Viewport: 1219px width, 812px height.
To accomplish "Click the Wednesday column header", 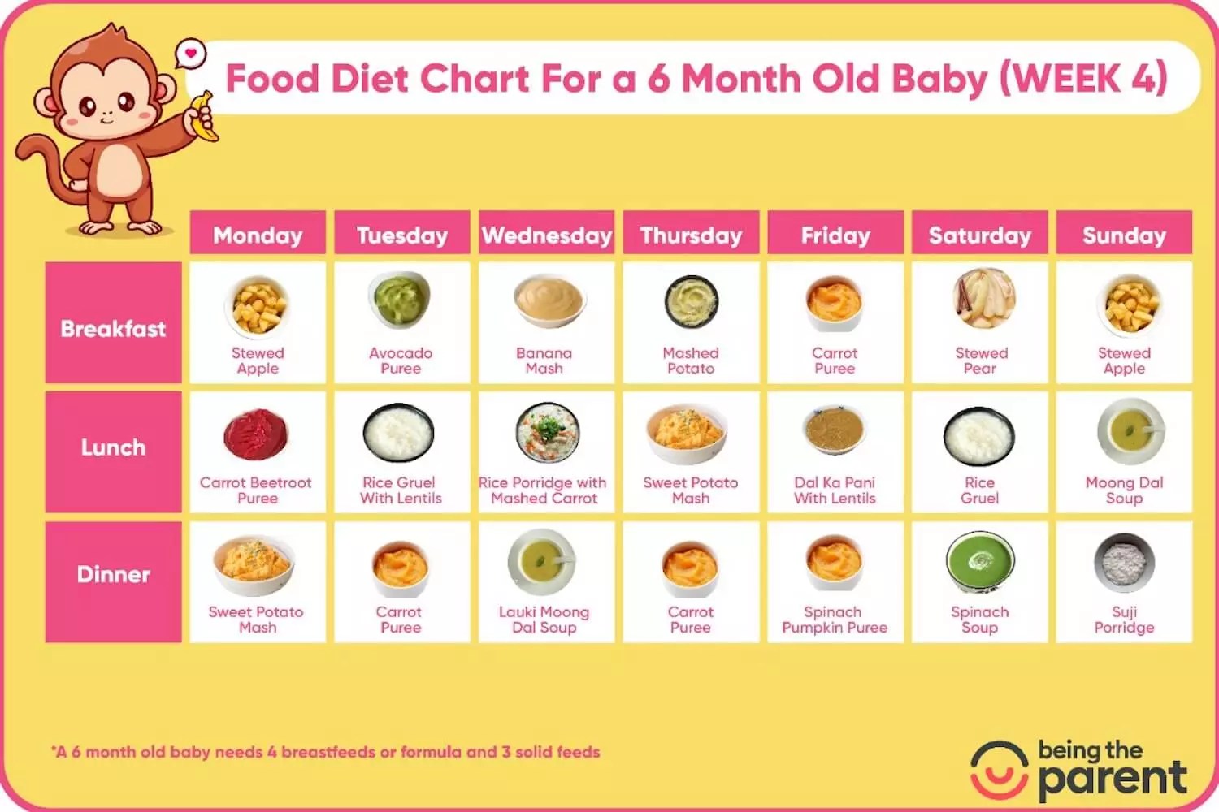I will tap(546, 235).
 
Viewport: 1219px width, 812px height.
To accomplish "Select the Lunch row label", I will tap(113, 448).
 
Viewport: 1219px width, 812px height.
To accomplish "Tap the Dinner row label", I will tap(113, 575).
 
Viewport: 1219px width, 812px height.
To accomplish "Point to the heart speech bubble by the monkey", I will tap(191, 54).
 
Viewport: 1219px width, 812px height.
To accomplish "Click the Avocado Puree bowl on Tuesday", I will tap(401, 301).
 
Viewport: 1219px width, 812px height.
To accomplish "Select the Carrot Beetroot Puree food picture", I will tap(256, 434).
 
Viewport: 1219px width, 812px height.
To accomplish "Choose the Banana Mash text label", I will tap(544, 361).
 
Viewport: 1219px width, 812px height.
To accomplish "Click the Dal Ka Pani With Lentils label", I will tap(835, 490).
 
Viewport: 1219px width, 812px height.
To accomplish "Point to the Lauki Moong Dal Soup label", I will tap(544, 620).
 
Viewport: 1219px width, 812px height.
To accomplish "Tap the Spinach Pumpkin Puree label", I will tap(835, 620).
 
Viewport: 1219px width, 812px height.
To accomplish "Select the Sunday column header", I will tap(1124, 235).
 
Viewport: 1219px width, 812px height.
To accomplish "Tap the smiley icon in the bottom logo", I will tap(999, 770).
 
